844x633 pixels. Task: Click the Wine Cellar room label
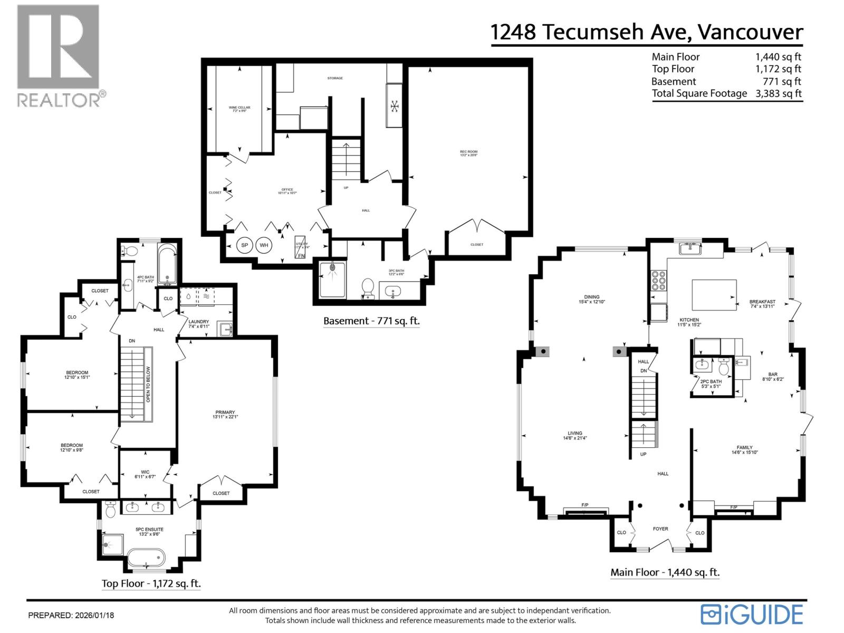239,109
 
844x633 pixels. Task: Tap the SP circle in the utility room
245,245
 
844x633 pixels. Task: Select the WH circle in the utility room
264,245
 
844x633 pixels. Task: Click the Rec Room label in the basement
468,154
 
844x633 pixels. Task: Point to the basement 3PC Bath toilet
368,288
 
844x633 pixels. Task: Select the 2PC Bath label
711,383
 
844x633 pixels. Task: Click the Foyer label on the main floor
660,529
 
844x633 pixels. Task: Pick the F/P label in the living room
585,505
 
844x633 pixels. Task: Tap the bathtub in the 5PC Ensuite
146,558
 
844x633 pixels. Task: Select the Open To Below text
148,384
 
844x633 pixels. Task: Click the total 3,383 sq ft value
779,94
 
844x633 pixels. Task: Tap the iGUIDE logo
752,615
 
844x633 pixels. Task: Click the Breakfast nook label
762,304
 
